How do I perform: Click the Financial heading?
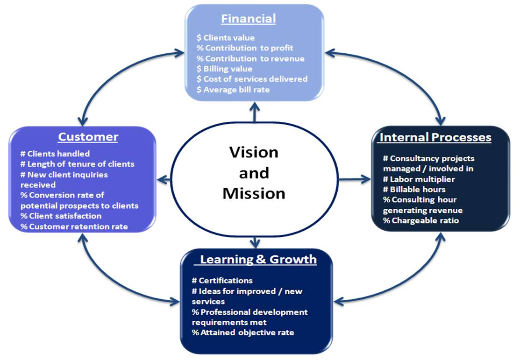pos(249,19)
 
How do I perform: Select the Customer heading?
pos(88,136)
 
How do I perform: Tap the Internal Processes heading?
pos(435,137)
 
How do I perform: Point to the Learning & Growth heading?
pos(258,259)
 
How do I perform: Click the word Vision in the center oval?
pos(254,152)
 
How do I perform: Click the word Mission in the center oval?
pos(254,193)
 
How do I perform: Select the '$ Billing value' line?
pos(224,69)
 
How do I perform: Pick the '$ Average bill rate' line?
pos(233,90)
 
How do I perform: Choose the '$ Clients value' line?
pos(226,37)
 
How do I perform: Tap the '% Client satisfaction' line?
pos(61,216)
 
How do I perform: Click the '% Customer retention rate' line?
pos(74,226)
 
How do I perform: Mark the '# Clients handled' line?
pos(55,154)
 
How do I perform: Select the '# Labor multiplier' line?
pos(419,179)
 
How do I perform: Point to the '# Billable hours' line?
pos(414,189)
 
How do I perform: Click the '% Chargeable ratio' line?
pos(421,220)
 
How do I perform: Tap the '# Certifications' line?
pos(222,281)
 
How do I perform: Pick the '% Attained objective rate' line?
pos(243,332)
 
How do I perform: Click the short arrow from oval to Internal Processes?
pos(355,179)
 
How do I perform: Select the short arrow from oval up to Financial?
pos(255,112)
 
